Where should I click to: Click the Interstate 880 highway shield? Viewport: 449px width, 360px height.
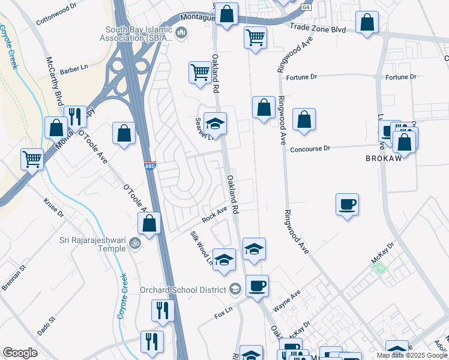click(151, 164)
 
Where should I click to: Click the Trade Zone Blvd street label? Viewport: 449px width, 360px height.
click(318, 28)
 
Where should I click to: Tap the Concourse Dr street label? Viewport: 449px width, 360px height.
click(310, 149)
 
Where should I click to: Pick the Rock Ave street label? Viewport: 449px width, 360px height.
click(214, 215)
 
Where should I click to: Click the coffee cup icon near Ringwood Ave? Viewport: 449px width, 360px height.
click(347, 205)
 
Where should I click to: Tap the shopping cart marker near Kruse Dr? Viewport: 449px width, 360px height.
click(32, 160)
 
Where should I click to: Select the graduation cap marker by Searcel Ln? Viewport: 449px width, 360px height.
click(215, 124)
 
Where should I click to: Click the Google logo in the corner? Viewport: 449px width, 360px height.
click(20, 353)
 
